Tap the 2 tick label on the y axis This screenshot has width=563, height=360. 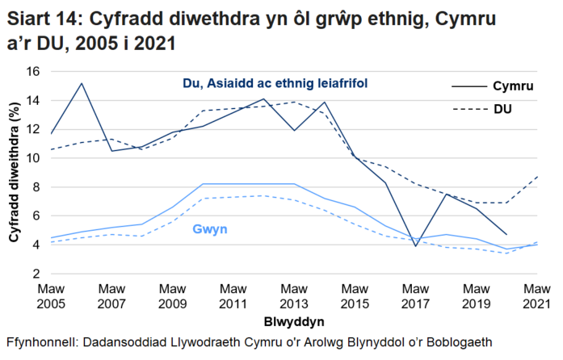pos(36,274)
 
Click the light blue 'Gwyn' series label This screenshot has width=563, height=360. pos(209,230)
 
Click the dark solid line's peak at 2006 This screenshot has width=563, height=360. pos(81,83)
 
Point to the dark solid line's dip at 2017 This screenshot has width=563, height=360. pos(414,246)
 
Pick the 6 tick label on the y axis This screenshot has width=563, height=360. pos(36,216)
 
